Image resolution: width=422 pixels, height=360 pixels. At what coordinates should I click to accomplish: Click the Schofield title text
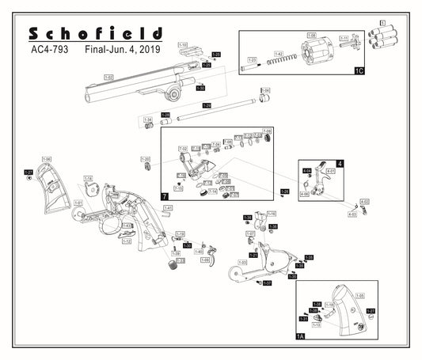[95, 33]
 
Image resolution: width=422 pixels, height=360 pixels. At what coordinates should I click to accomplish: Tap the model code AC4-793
[48, 49]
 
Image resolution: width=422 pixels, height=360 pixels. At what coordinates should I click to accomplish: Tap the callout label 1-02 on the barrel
[108, 77]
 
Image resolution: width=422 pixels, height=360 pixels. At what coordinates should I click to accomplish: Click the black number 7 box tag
[165, 195]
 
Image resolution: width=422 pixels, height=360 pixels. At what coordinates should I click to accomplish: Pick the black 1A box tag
[300, 336]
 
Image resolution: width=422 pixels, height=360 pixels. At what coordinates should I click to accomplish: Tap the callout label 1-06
[46, 159]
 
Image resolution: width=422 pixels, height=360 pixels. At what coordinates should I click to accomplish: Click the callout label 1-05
[371, 295]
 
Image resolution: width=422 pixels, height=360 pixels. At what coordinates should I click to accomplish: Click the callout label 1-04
[266, 91]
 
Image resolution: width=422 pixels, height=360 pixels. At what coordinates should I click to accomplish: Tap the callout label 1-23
[207, 65]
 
